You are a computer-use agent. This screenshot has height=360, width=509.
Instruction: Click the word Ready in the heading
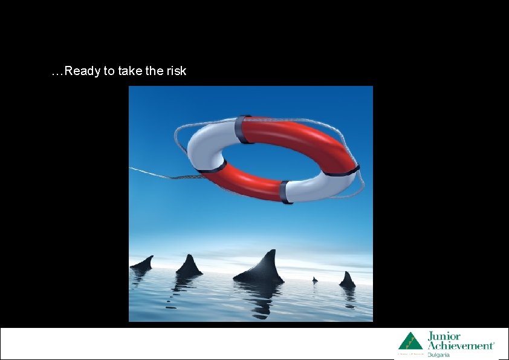coord(82,71)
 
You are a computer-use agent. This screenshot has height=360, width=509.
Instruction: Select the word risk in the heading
coord(176,71)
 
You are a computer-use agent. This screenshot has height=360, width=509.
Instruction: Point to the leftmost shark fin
coord(143,263)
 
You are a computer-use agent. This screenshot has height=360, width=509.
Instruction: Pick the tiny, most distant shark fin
coord(314,280)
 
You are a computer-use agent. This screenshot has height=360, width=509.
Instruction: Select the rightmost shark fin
coord(347,280)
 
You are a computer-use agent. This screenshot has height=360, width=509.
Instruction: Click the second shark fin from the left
coord(189,265)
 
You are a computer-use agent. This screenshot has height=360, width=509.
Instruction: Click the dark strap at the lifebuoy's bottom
coord(285,191)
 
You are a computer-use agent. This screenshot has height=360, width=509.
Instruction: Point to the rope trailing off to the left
coord(157,175)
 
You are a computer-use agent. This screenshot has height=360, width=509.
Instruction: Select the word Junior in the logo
coord(444,336)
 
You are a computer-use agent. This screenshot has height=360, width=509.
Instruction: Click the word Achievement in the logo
coord(461,345)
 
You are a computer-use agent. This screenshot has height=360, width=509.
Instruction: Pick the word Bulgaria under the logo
coord(439,355)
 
